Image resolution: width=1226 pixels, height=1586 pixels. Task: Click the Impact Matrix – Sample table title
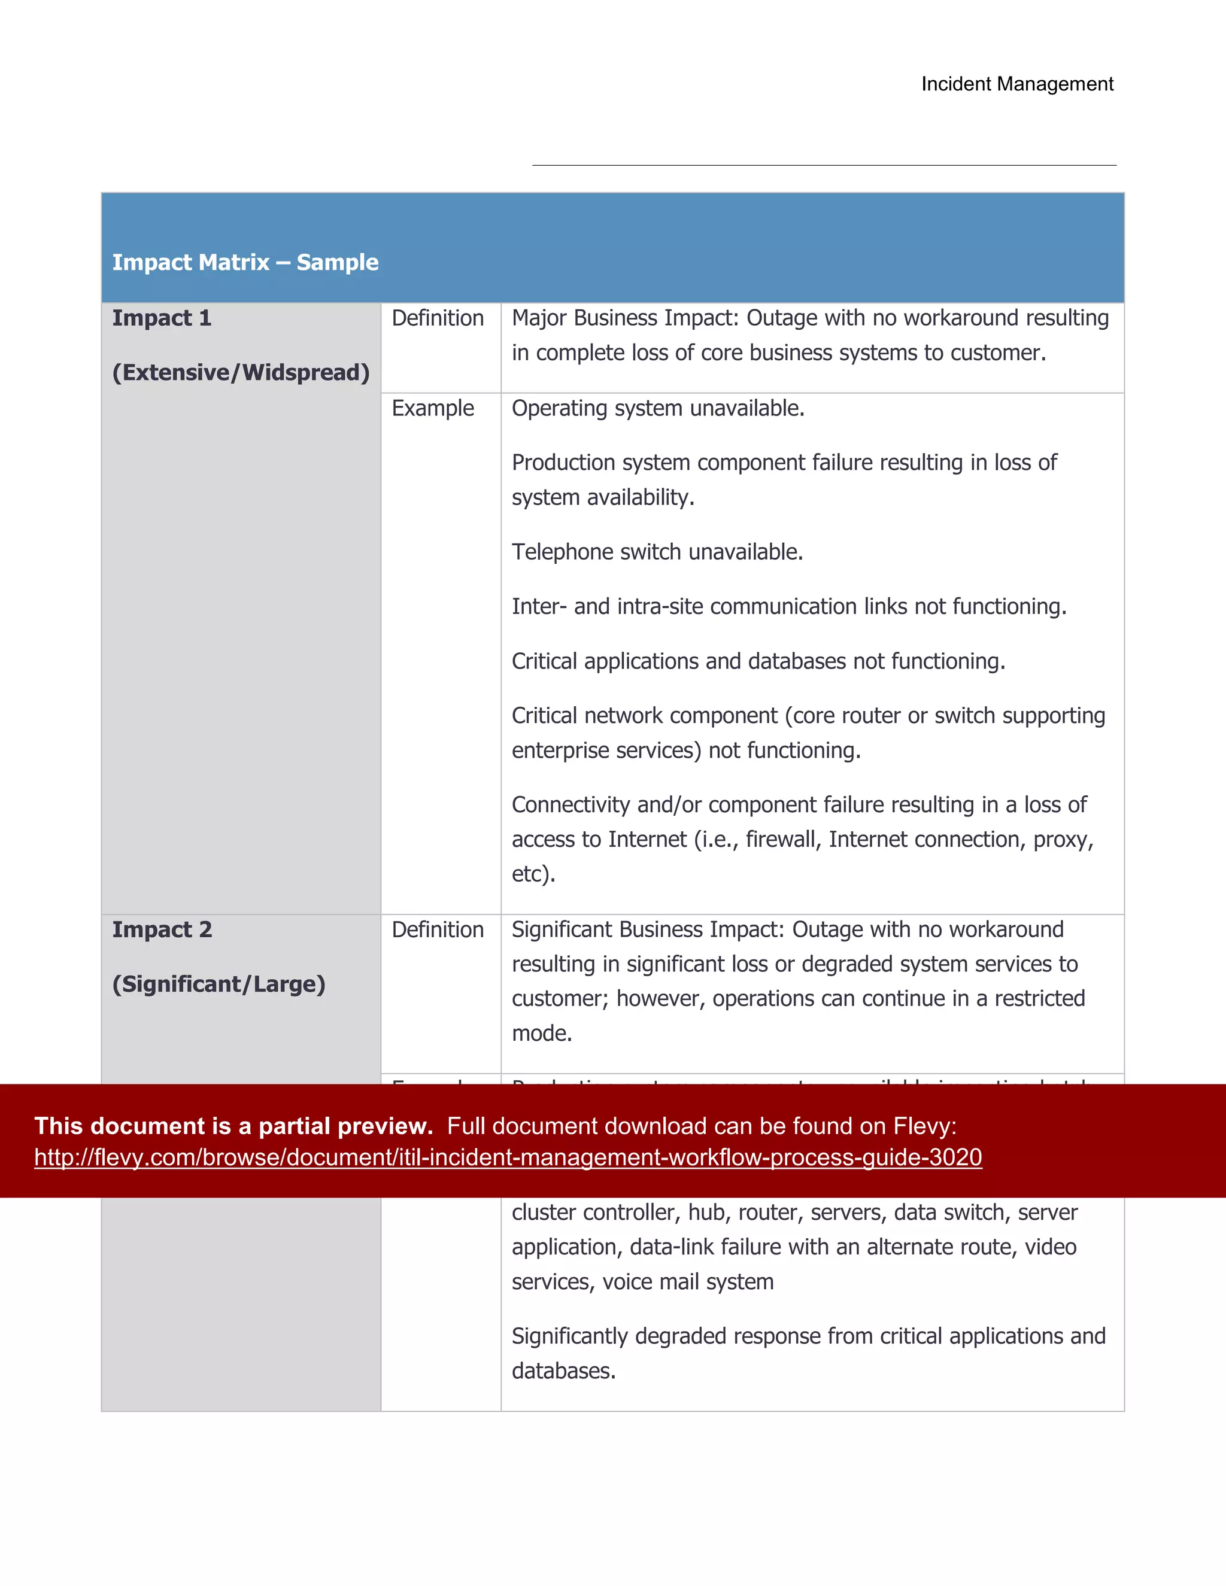pos(245,262)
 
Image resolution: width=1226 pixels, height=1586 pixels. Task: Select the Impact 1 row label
pos(161,318)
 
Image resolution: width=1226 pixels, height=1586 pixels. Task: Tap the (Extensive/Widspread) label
pos(241,372)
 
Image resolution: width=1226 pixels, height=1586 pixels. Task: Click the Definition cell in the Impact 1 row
pos(437,318)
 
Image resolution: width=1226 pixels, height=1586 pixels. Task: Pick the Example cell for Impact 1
pos(432,408)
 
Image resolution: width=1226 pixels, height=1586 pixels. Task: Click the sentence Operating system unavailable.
pos(657,408)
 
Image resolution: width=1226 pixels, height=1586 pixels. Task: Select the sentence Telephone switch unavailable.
pos(657,552)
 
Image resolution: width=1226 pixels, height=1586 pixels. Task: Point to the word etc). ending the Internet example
pos(533,874)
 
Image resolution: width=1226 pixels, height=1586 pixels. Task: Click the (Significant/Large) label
pos(218,984)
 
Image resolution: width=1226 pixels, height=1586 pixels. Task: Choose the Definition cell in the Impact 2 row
pos(437,929)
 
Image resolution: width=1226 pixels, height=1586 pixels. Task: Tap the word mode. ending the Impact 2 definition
pos(542,1034)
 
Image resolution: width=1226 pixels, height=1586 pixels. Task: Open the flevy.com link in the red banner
pos(508,1157)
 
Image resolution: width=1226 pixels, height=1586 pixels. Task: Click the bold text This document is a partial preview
pos(233,1126)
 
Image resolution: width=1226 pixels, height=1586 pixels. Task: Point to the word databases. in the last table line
pos(563,1371)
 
